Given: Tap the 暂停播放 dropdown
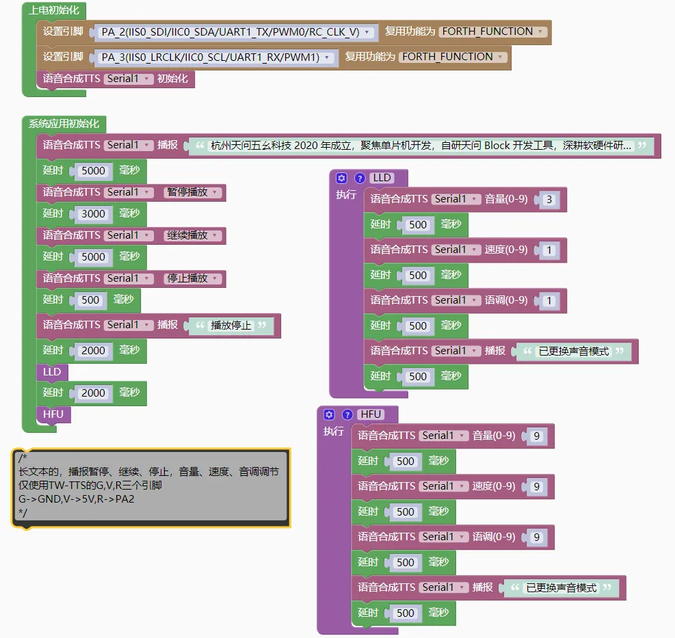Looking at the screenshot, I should pyautogui.click(x=192, y=192).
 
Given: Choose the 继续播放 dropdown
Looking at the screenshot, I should pyautogui.click(x=192, y=235).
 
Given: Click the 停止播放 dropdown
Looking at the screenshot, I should pyautogui.click(x=192, y=278).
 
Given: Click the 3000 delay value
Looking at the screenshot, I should pyautogui.click(x=93, y=214).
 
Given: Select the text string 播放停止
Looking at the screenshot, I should pyautogui.click(x=231, y=325).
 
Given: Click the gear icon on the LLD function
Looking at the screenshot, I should pyautogui.click(x=342, y=178).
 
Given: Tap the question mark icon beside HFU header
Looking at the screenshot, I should pyautogui.click(x=347, y=414).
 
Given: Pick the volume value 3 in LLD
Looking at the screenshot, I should pyautogui.click(x=549, y=200).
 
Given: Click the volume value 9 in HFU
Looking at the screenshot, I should pyautogui.click(x=537, y=436).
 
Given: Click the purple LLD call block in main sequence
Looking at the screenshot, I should pyautogui.click(x=52, y=372).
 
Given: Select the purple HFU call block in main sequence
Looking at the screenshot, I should pyautogui.click(x=53, y=414).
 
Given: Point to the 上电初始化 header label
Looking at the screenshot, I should pyautogui.click(x=54, y=11).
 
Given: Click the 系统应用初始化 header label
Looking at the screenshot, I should pyautogui.click(x=64, y=124).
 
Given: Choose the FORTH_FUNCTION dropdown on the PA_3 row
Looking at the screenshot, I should pyautogui.click(x=453, y=57).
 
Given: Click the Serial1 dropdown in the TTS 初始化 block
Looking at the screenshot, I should pyautogui.click(x=129, y=79).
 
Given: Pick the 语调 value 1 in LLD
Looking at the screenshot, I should pyautogui.click(x=549, y=301).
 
